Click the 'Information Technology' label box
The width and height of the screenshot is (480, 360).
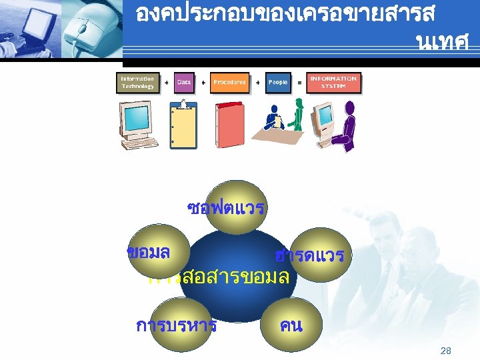[x=137, y=83]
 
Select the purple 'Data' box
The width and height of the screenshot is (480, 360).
[x=184, y=83]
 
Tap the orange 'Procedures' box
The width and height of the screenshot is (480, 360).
[x=229, y=83]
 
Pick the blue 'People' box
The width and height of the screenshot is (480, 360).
[x=278, y=83]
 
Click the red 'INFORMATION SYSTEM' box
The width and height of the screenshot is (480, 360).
[x=333, y=83]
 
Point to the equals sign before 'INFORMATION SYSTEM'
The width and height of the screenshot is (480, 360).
[x=299, y=83]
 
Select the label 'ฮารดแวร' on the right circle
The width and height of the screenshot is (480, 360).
[x=309, y=255]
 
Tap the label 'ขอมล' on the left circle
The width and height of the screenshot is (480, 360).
[x=149, y=252]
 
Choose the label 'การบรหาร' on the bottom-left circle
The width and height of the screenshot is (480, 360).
[x=176, y=326]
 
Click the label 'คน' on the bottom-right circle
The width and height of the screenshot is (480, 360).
[x=291, y=326]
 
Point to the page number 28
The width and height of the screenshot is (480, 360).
[x=447, y=351]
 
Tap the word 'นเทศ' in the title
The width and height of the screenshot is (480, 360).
[x=441, y=43]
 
